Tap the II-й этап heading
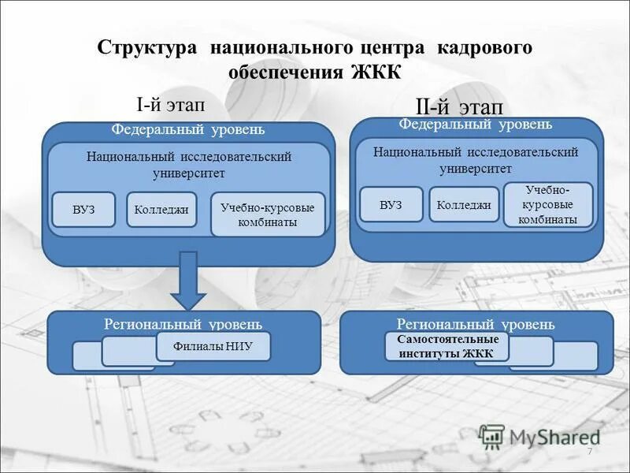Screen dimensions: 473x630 (x=458, y=107)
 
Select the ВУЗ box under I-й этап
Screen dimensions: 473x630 (x=83, y=210)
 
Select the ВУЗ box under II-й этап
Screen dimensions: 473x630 (x=391, y=205)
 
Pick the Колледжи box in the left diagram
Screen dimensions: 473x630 (x=161, y=210)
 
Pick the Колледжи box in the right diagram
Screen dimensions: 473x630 (x=464, y=205)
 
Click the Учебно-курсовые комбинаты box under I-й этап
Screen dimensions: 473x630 (x=268, y=214)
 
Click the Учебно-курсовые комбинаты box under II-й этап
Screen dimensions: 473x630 (x=548, y=205)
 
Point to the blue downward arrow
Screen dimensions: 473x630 (x=188, y=280)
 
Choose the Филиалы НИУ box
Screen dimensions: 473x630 (x=213, y=346)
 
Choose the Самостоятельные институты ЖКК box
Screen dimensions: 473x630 (x=447, y=346)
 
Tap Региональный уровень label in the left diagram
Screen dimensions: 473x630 (x=183, y=324)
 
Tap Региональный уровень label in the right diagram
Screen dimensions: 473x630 (x=476, y=324)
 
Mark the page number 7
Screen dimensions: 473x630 (x=588, y=449)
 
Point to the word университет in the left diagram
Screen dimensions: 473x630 (x=189, y=173)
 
